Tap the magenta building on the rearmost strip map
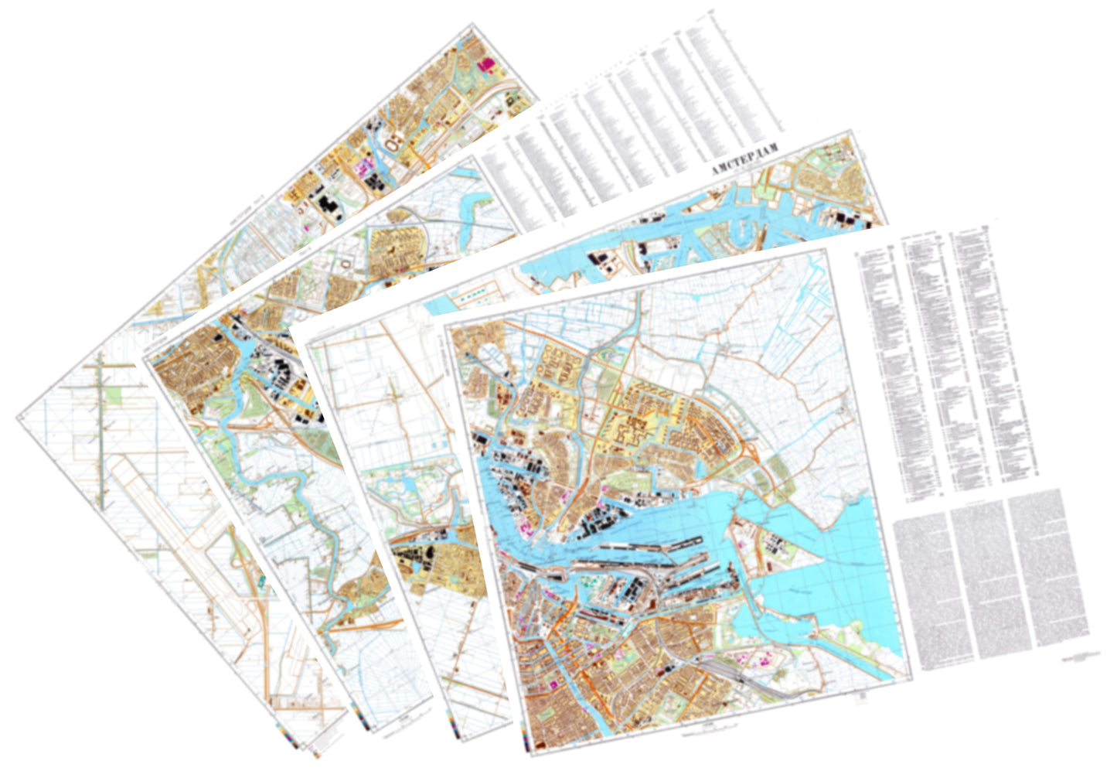pos(487,65)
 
